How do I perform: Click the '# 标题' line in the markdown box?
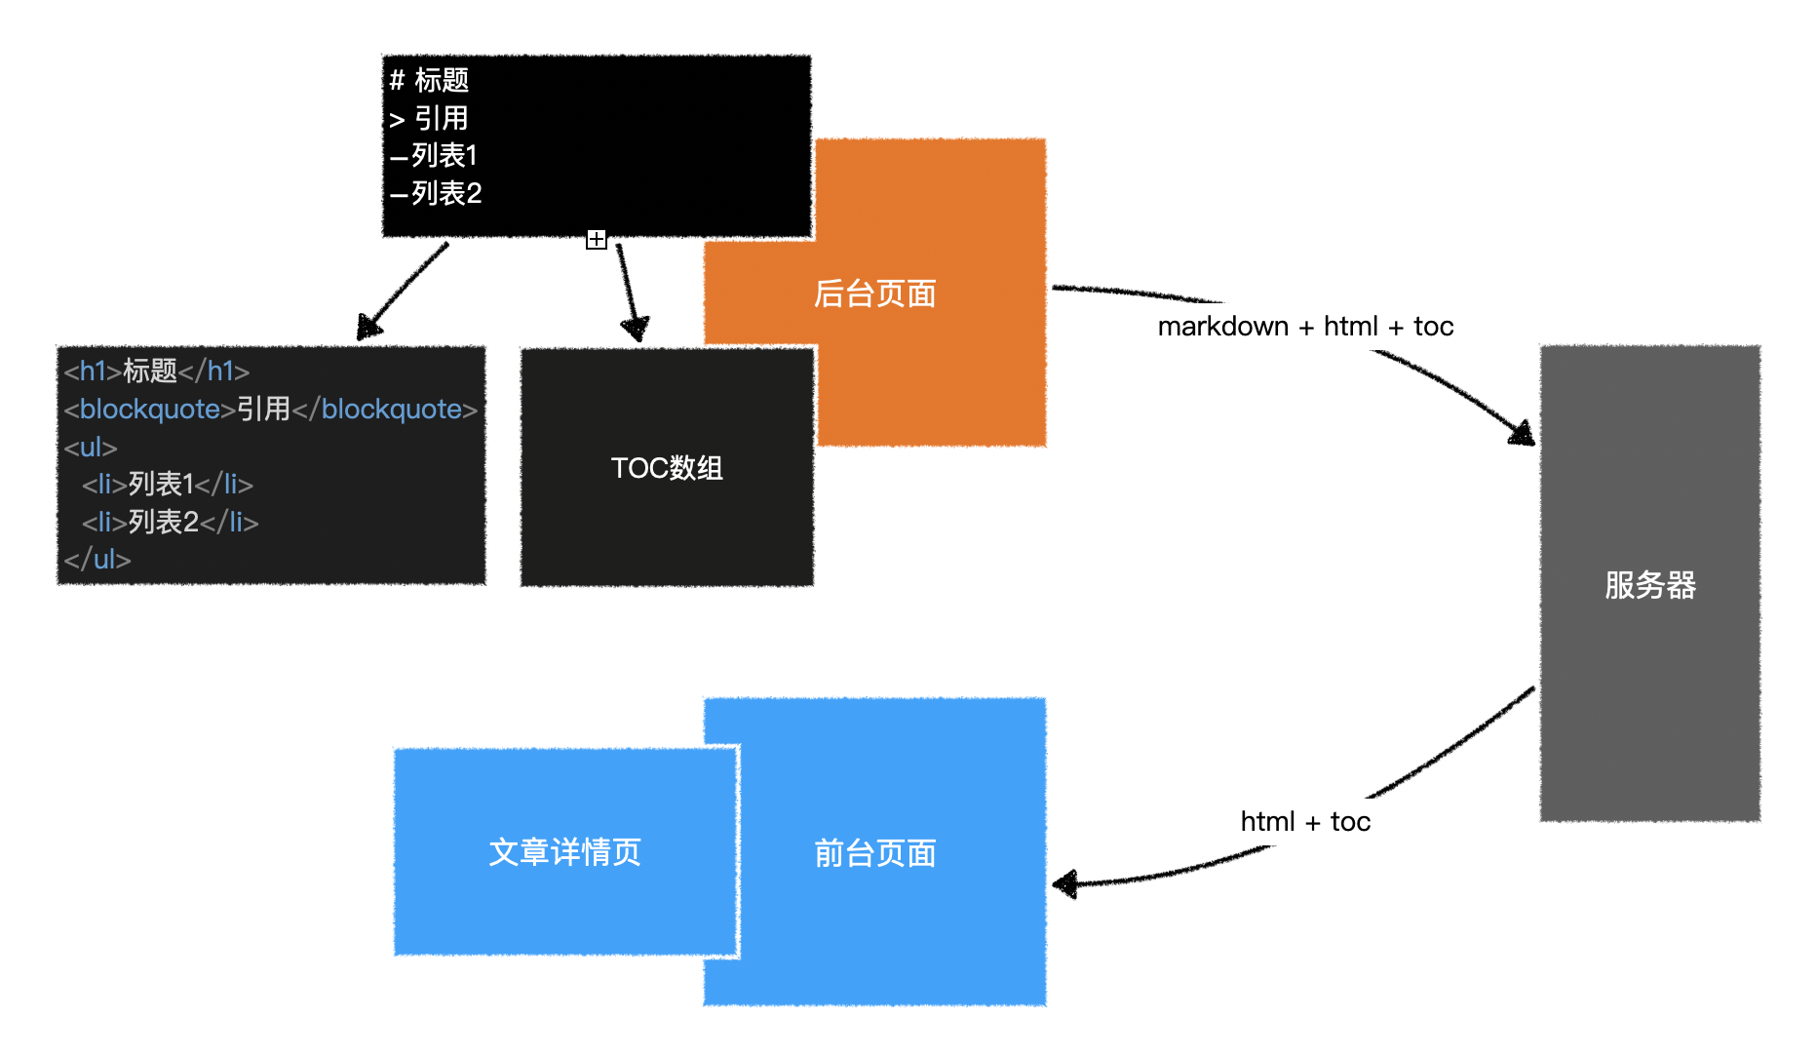point(429,80)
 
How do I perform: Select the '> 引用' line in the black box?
point(429,118)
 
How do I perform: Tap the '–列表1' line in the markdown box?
point(434,155)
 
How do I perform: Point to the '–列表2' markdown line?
point(436,193)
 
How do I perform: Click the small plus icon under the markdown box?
point(597,239)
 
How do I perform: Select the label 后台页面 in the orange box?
point(875,294)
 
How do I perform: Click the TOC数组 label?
point(667,468)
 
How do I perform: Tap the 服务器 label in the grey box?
point(1650,585)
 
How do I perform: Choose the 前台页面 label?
point(875,853)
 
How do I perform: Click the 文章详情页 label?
point(565,852)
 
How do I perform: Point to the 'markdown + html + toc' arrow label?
point(1305,327)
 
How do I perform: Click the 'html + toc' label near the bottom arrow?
point(1305,822)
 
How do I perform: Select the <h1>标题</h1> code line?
point(157,371)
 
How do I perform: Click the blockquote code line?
point(271,409)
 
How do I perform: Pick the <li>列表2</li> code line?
point(171,522)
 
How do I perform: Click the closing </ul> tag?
point(97,559)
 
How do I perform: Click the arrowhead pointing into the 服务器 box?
point(1523,432)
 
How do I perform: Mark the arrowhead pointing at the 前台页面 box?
point(1065,884)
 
